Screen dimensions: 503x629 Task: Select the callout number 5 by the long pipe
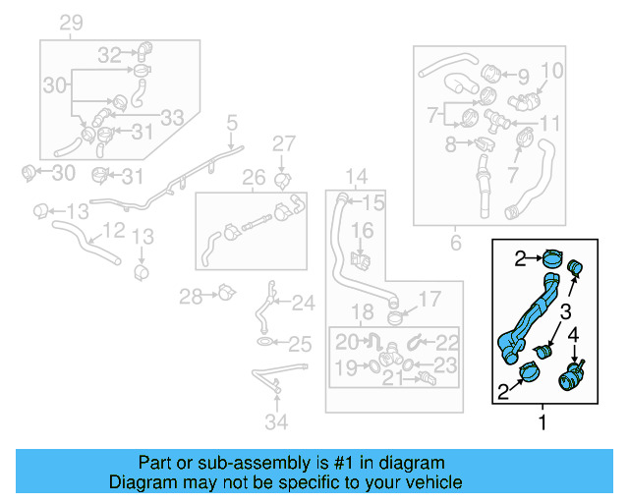[232, 123]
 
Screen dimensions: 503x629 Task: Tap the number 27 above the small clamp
[283, 144]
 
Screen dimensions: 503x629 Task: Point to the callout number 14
[355, 177]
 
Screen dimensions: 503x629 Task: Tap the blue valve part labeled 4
[570, 375]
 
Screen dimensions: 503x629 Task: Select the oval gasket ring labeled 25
[266, 343]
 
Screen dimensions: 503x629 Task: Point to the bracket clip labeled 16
[360, 261]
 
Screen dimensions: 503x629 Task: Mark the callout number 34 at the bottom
[278, 422]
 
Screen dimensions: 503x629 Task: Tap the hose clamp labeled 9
[492, 71]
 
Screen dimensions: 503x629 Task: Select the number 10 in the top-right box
[552, 71]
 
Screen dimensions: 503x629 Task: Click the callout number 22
[447, 342]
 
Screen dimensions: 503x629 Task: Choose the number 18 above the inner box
[363, 312]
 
